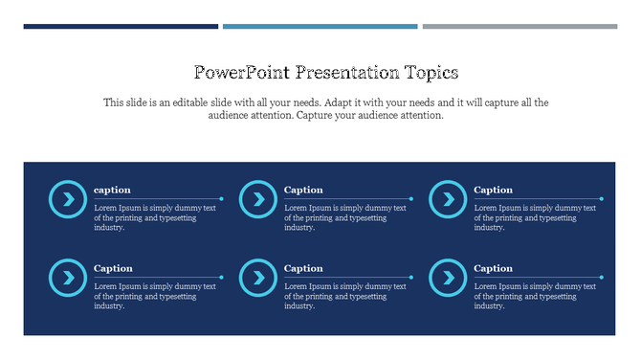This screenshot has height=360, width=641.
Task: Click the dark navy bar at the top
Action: [121, 27]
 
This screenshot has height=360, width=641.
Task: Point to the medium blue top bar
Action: [320, 27]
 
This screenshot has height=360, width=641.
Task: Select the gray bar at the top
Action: [519, 27]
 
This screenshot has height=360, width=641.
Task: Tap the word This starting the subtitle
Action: [114, 101]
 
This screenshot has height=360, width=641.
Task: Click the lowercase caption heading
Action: [112, 190]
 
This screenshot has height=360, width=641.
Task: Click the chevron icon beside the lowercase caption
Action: [67, 199]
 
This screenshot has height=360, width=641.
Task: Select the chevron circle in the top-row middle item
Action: [257, 199]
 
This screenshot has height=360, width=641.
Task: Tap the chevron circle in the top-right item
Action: [447, 199]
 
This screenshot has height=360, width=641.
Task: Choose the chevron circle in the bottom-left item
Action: [67, 278]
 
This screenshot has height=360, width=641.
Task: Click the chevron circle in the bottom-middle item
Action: [257, 278]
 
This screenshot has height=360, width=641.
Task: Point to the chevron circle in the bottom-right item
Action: [447, 278]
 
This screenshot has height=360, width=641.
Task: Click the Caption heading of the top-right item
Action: [494, 190]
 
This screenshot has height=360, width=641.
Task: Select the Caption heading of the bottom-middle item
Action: [303, 268]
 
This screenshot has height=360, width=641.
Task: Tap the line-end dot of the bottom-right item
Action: [602, 278]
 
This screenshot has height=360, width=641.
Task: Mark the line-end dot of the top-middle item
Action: [411, 199]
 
